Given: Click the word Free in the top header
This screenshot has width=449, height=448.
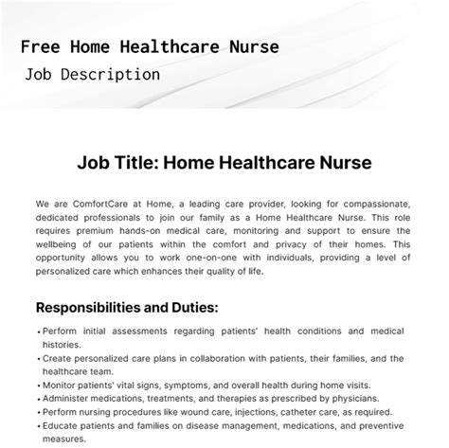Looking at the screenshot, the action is (38, 45).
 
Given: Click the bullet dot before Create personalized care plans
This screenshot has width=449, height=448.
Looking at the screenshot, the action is (38, 359).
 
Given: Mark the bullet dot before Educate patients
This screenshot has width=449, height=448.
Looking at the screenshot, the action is (38, 426).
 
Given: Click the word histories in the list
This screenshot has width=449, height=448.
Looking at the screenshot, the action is (62, 346).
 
